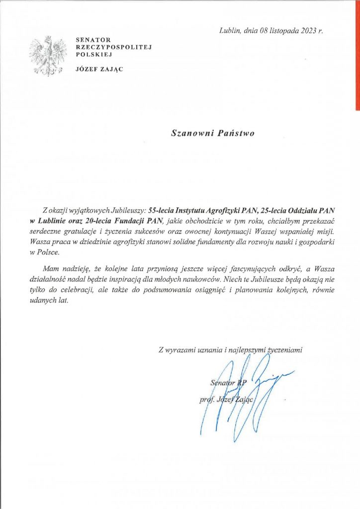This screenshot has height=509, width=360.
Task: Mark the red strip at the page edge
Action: coord(357,55)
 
